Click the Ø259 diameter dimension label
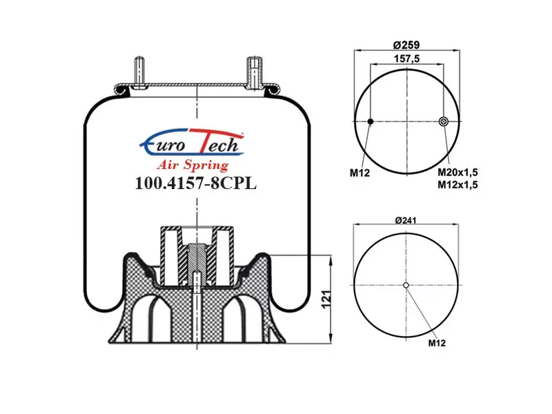(406, 45)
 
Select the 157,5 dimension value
(406, 59)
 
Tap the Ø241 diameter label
(406, 220)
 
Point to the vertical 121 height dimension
(326, 299)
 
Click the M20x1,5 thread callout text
(457, 172)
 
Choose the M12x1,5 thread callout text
(457, 184)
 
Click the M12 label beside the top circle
(359, 173)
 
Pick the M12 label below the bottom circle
(437, 343)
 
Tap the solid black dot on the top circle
(371, 121)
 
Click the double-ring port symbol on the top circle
(444, 121)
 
